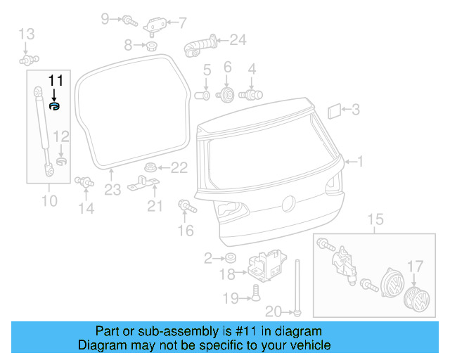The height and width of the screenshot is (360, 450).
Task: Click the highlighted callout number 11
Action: pyautogui.click(x=55, y=80)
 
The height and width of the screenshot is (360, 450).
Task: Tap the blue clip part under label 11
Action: pyautogui.click(x=55, y=105)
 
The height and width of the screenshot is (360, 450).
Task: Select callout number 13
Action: pyautogui.click(x=26, y=33)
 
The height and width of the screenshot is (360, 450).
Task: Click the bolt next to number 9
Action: pyautogui.click(x=131, y=20)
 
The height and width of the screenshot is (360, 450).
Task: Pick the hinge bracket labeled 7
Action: pyautogui.click(x=155, y=25)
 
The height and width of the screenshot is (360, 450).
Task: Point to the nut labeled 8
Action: pyautogui.click(x=150, y=46)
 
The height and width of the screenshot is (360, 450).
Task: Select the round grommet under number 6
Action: pyautogui.click(x=227, y=94)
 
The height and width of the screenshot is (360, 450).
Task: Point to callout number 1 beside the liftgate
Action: pyautogui.click(x=359, y=162)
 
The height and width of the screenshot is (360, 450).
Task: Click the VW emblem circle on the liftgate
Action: pyautogui.click(x=287, y=204)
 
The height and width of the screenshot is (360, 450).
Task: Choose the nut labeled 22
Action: pyautogui.click(x=150, y=167)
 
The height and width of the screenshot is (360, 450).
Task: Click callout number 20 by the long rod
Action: pyautogui.click(x=274, y=311)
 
